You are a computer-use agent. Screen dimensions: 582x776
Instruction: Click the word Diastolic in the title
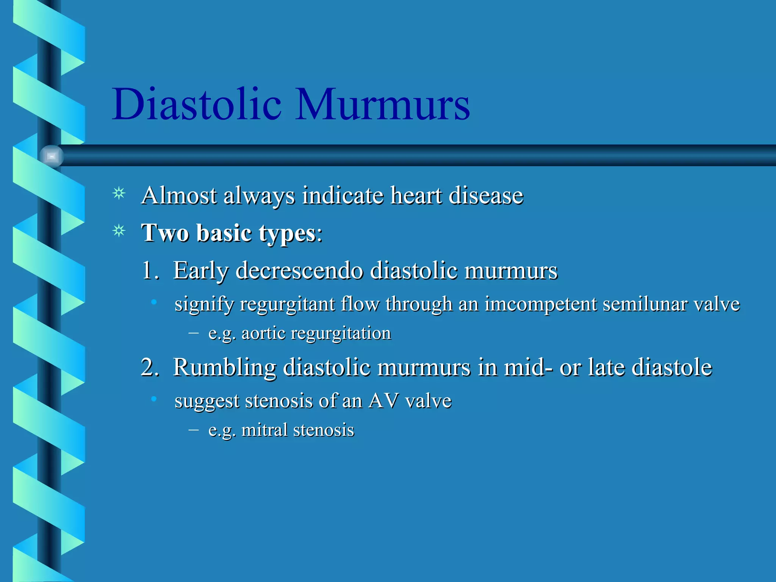click(197, 104)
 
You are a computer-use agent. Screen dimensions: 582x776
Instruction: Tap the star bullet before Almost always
click(119, 194)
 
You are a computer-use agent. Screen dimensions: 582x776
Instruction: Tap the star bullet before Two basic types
click(119, 231)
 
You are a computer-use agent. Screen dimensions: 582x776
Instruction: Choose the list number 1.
click(150, 271)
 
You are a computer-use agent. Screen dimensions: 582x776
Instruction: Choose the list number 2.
click(150, 367)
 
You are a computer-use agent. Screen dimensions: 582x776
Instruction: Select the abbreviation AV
click(383, 401)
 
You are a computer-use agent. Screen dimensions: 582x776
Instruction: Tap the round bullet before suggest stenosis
click(153, 399)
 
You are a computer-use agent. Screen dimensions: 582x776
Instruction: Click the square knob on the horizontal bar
click(52, 156)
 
